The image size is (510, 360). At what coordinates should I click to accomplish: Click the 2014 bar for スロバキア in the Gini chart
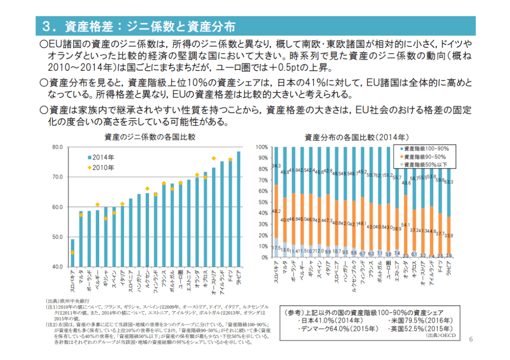(x=72, y=253)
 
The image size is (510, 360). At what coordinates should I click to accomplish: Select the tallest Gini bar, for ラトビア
(x=238, y=209)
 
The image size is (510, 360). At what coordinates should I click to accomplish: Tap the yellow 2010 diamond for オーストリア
(x=213, y=158)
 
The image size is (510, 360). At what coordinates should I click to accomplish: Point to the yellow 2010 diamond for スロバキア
(x=72, y=252)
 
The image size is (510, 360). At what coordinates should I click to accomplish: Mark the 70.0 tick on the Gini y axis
(x=56, y=177)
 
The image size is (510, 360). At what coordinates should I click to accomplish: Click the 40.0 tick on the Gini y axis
(x=56, y=267)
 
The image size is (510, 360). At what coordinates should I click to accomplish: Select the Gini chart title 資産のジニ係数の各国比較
(x=150, y=137)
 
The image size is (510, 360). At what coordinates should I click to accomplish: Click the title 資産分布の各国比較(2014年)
(x=356, y=137)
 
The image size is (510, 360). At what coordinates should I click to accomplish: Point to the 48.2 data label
(x=276, y=211)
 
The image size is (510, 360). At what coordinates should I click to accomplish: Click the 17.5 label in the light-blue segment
(x=276, y=248)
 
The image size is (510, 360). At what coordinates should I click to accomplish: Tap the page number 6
(x=471, y=339)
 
